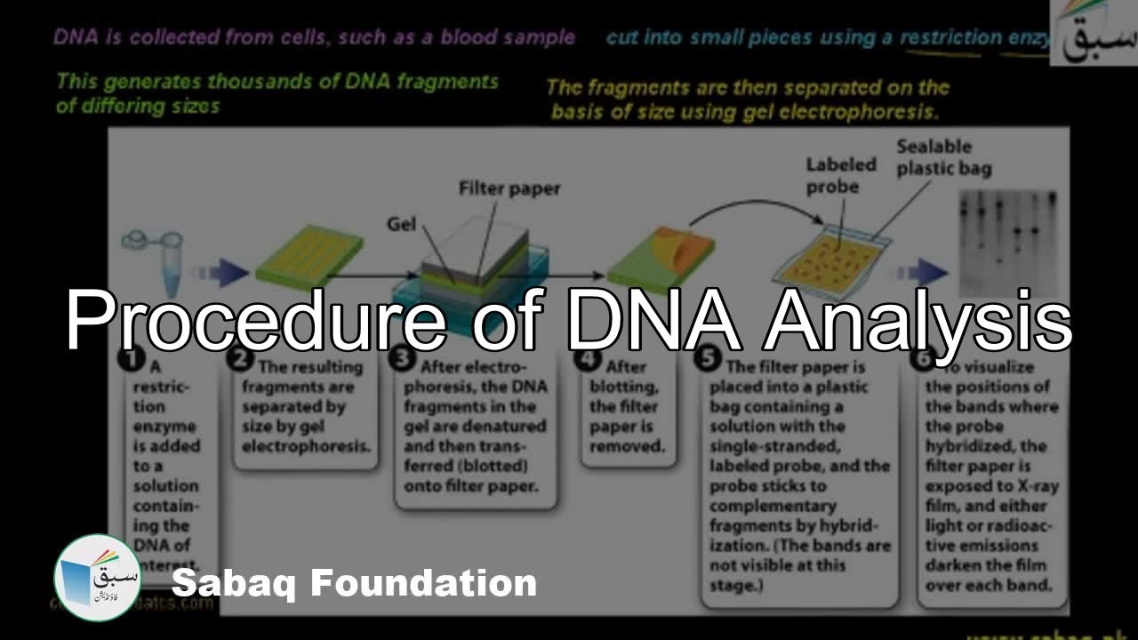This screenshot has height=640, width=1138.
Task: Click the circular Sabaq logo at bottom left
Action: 97,577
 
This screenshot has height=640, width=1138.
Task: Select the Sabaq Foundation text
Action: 354,584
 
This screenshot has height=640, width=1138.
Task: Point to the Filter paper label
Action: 509,189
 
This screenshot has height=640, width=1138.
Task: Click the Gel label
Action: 401,224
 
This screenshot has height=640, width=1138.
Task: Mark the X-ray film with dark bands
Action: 1008,240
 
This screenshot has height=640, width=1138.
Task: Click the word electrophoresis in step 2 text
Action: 307,446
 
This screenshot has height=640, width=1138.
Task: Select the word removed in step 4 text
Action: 627,446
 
